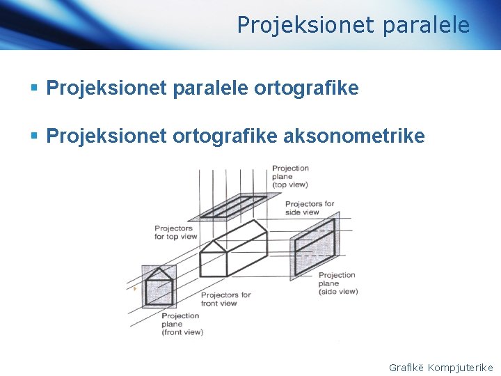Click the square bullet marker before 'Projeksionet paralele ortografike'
point(34,89)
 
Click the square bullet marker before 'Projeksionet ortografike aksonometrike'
point(34,136)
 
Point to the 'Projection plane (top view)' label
point(290,176)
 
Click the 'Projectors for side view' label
point(309,207)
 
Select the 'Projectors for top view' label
point(175,232)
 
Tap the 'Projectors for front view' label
point(225,299)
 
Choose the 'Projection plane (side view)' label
point(337,283)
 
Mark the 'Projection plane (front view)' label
point(182,324)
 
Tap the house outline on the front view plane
point(159,288)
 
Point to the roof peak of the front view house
point(159,269)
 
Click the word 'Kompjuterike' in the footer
point(461,367)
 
